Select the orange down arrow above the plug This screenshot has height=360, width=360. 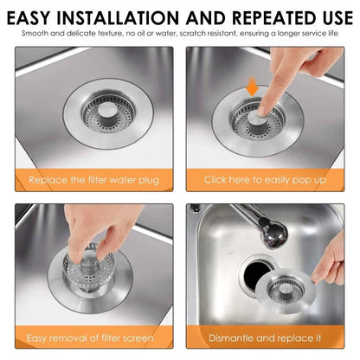coord(251,88)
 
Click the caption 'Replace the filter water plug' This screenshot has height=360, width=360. coord(93,179)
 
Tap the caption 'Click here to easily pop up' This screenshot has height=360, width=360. coord(266,179)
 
